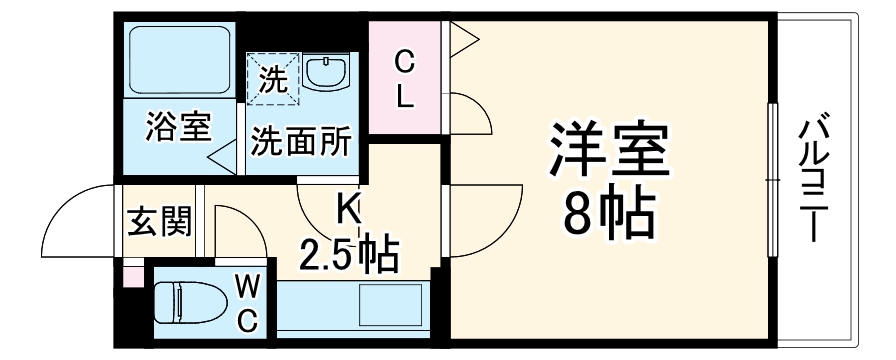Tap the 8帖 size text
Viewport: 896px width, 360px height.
608,212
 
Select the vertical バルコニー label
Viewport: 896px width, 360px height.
812,180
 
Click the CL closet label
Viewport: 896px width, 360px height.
404,80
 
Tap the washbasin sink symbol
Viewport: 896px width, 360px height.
327,72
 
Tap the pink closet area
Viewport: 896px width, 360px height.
404,80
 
